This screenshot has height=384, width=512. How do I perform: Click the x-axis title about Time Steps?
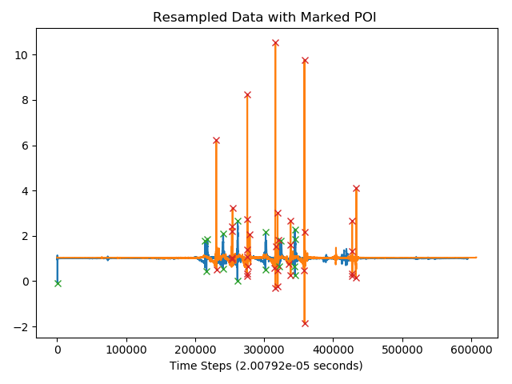coord(266,366)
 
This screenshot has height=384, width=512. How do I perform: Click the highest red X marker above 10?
coord(275,43)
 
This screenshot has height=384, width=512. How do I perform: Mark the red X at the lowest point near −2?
coord(305,323)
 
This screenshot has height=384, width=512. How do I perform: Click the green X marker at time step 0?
coord(58,283)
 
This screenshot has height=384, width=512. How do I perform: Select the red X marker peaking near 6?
coord(216,140)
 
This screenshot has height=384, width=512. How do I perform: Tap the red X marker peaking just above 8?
coord(247,94)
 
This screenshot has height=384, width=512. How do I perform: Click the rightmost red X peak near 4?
coord(356,189)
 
